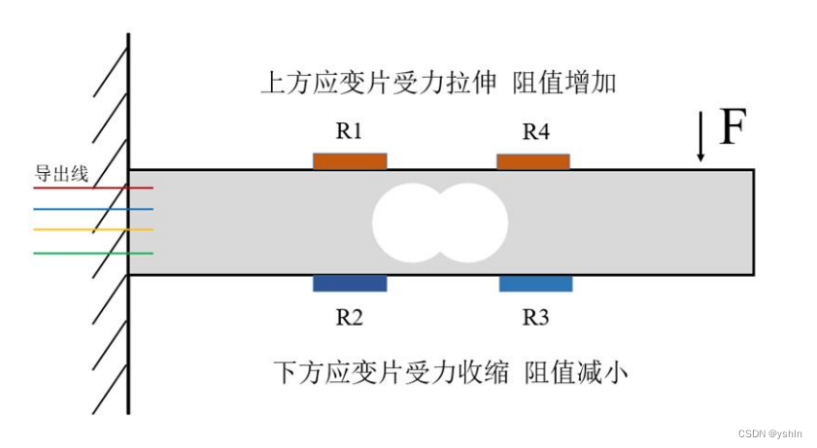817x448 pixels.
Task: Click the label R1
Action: (x=350, y=131)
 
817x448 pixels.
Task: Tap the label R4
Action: (x=535, y=131)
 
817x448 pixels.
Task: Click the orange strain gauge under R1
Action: (x=350, y=160)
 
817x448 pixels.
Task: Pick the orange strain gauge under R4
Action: (x=533, y=160)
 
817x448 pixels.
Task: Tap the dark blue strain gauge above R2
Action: (x=350, y=284)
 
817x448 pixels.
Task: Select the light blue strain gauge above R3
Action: (x=535, y=284)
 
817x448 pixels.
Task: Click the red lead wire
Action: (x=92, y=188)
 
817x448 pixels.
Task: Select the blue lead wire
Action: (x=92, y=209)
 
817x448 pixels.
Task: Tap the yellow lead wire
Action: (x=92, y=230)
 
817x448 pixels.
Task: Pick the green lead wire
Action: (x=92, y=253)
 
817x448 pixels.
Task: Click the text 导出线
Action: (x=61, y=174)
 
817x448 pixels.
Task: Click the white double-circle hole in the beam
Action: (x=439, y=223)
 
